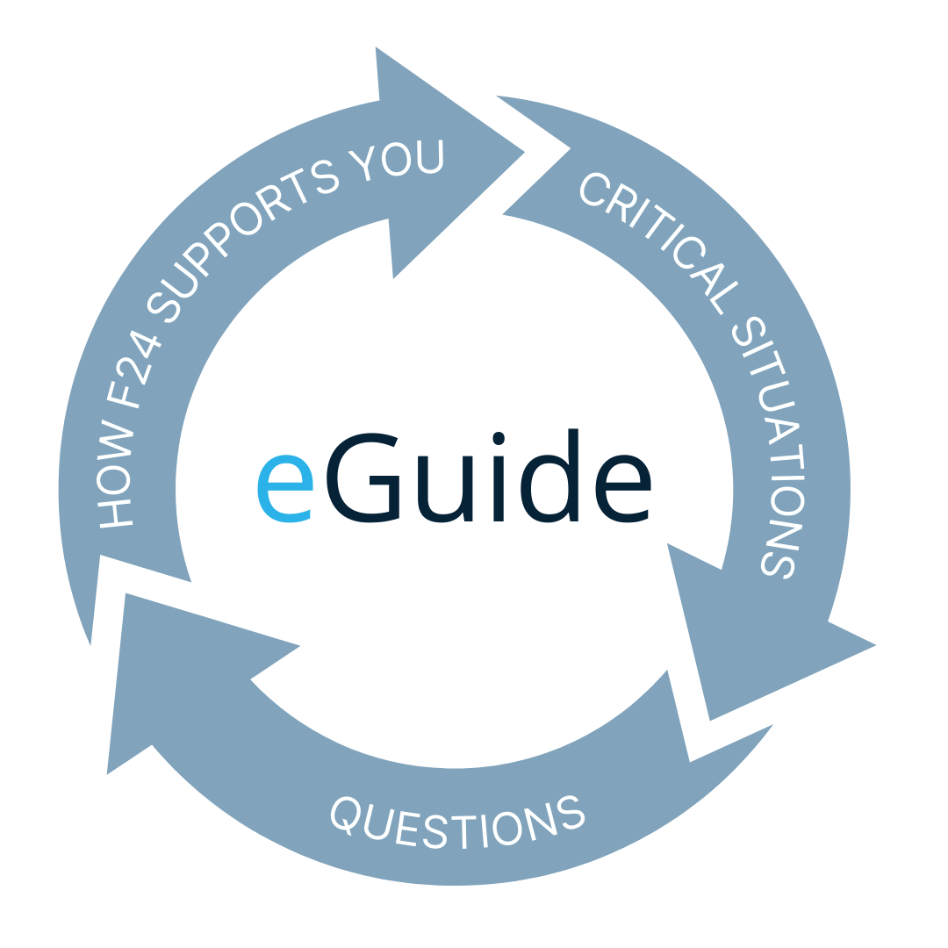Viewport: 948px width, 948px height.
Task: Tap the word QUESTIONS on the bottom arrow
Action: pyautogui.click(x=456, y=820)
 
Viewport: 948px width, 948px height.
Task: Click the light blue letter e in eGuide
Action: pyautogui.click(x=284, y=488)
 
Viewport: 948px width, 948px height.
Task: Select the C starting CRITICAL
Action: pyautogui.click(x=593, y=190)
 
